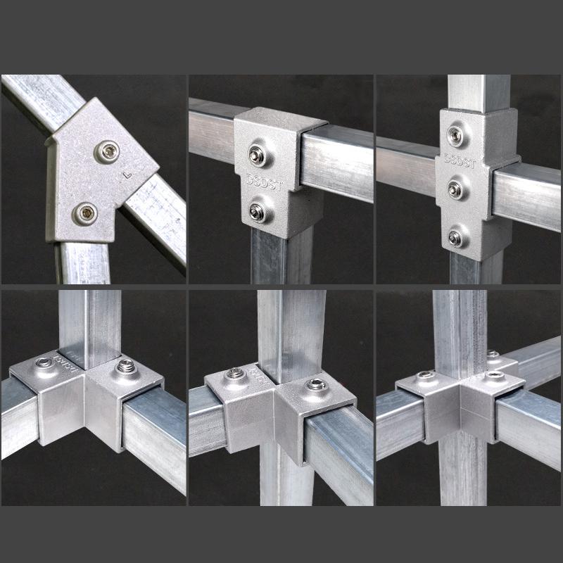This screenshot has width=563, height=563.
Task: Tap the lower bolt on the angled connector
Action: click(86, 213)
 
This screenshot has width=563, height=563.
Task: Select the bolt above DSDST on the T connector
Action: click(258, 154)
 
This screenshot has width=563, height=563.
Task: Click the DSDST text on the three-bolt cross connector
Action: click(460, 161)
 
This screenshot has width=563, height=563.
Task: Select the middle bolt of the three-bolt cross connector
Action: click(455, 189)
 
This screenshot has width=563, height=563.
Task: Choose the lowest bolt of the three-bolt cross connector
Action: click(456, 239)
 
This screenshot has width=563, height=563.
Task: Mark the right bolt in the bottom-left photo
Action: click(126, 366)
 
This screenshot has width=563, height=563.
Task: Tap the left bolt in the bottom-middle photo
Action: click(232, 374)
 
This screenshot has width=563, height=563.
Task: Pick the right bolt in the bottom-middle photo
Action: click(312, 384)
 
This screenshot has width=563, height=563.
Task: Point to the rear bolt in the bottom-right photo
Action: click(493, 354)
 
